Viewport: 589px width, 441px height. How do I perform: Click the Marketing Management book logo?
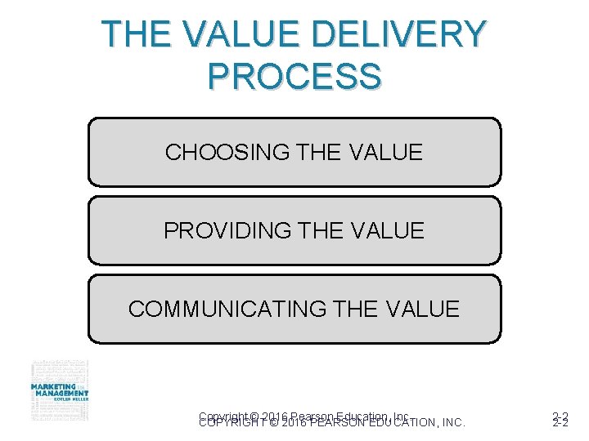[60, 391]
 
